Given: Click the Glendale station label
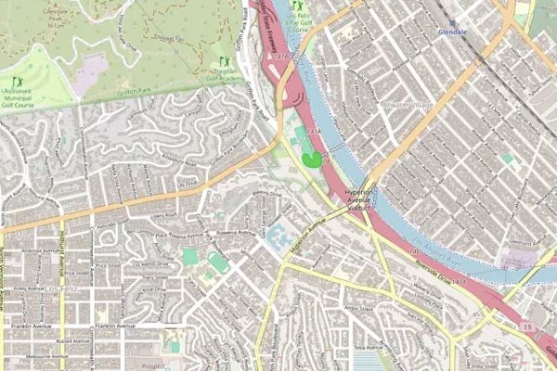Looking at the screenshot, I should (x=452, y=31).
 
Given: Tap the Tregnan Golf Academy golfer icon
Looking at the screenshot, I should (x=223, y=61).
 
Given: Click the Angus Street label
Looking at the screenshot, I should (x=358, y=307).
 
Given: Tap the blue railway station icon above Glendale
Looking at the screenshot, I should (x=452, y=21).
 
